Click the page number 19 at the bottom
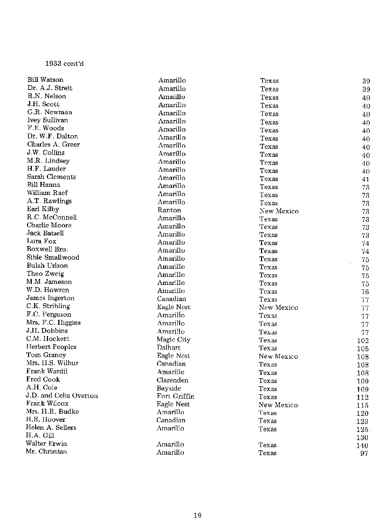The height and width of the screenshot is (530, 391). click(197, 515)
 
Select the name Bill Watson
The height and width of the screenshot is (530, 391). click(45, 80)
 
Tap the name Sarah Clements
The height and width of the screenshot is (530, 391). click(51, 177)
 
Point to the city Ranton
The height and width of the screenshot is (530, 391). click(169, 210)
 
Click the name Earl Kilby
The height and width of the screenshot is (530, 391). click(43, 209)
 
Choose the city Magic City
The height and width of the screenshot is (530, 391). click(173, 339)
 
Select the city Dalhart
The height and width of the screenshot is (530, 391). click(168, 347)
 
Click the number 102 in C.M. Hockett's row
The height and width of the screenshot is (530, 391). click(363, 340)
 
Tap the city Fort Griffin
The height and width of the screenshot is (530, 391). click(175, 396)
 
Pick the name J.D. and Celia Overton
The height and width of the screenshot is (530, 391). click(62, 395)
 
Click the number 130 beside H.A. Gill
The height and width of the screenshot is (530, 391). click(363, 438)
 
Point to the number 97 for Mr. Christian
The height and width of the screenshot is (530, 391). click(365, 454)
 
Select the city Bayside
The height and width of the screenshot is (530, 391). click(169, 388)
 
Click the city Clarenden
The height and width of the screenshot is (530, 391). click(173, 380)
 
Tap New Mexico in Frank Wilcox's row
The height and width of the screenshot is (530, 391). click(278, 405)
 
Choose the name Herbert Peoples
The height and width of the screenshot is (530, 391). click(51, 347)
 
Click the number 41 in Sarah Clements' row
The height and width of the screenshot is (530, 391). click(366, 179)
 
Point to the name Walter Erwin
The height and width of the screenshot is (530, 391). click(46, 443)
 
